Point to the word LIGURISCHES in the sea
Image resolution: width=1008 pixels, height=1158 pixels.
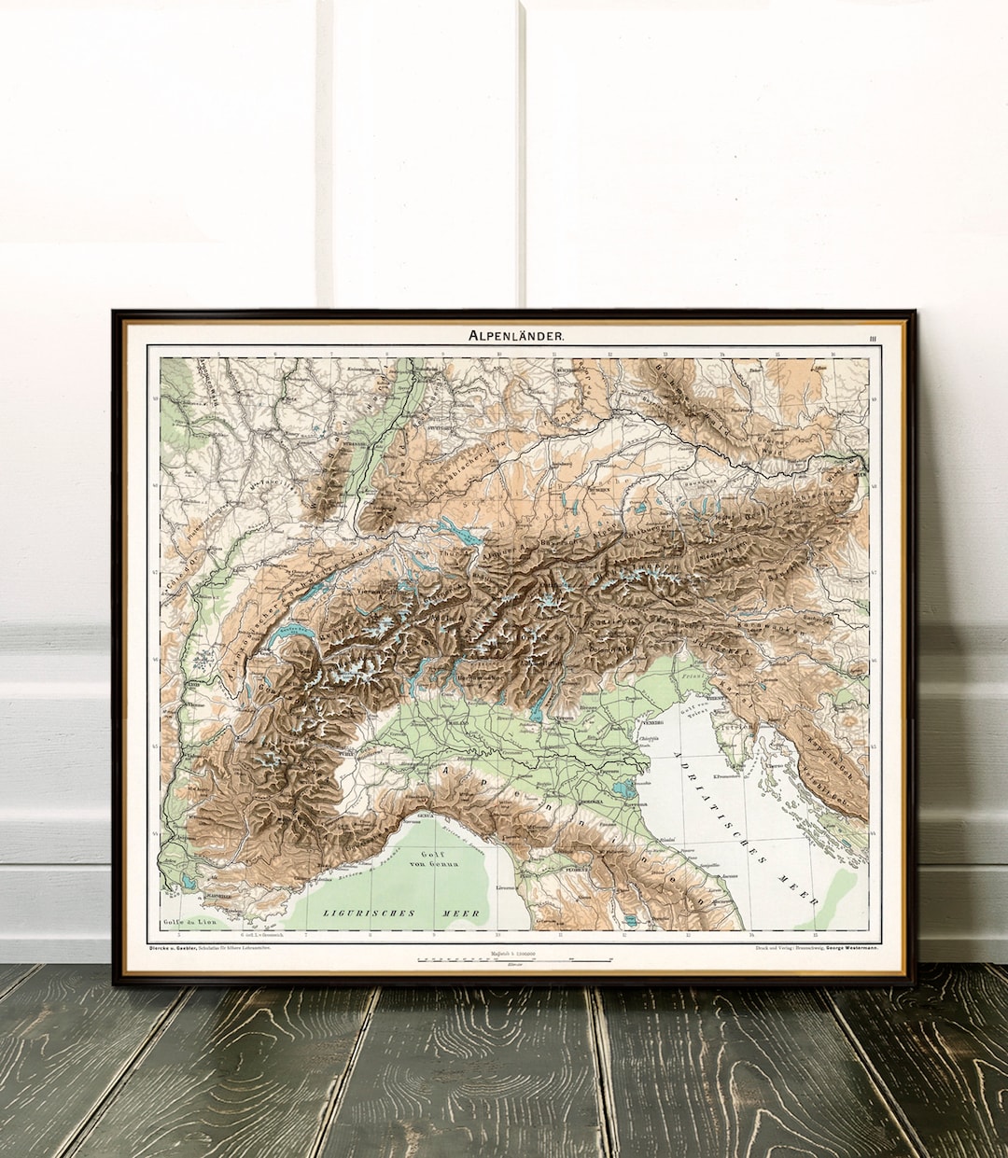[x=362, y=913]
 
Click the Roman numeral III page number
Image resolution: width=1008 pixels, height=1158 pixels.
[x=872, y=338]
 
